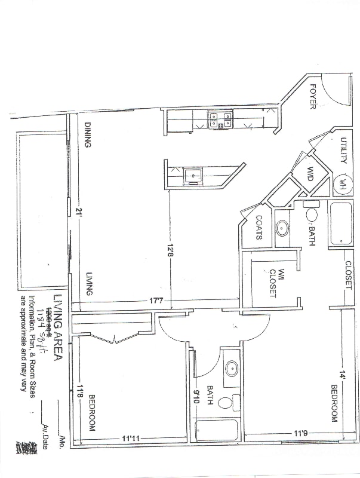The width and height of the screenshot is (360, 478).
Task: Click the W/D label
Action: [310, 175]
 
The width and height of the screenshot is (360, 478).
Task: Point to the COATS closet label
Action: [260, 228]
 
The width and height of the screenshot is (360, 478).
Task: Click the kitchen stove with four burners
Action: [220, 119]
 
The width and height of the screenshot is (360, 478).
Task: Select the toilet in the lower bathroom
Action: [225, 403]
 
